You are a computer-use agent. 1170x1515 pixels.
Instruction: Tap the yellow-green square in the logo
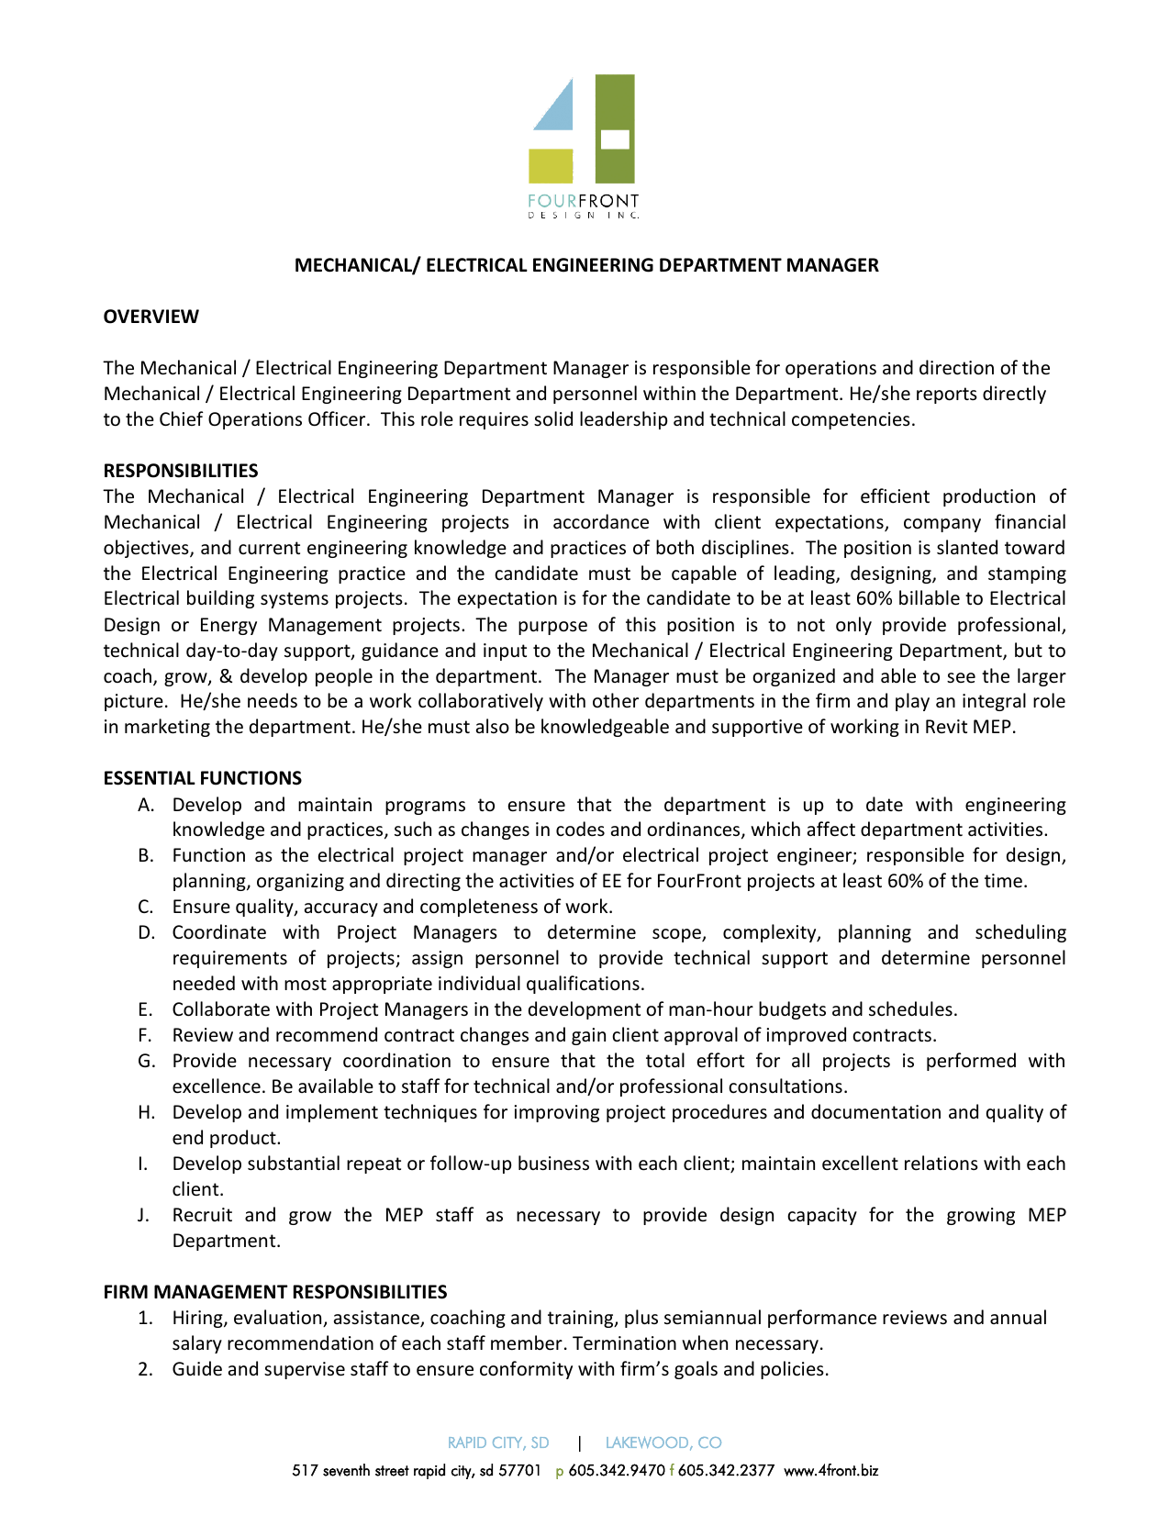[x=551, y=166]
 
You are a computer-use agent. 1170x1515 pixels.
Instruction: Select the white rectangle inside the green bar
[x=614, y=139]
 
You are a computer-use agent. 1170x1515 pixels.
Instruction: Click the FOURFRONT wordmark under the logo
[x=584, y=201]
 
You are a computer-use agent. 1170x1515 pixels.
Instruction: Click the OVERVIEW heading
[x=150, y=317]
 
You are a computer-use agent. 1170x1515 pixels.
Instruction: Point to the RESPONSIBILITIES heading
[x=180, y=471]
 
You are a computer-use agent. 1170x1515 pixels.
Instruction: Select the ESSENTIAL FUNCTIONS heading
[x=202, y=778]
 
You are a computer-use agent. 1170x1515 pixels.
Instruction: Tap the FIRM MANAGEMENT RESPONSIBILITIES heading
[x=274, y=1292]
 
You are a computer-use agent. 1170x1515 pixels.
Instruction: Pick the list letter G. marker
[x=146, y=1062]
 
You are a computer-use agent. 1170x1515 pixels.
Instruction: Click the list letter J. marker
[x=143, y=1216]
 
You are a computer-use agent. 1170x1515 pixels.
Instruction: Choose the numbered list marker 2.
[x=144, y=1370]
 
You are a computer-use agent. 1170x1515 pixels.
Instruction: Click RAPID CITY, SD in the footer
[x=498, y=1443]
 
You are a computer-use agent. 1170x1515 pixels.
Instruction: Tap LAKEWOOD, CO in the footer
[x=663, y=1443]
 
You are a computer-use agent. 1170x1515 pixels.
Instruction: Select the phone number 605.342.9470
[x=617, y=1471]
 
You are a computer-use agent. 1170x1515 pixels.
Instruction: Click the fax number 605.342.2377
[x=726, y=1471]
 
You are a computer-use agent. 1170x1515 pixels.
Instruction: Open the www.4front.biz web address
[x=830, y=1471]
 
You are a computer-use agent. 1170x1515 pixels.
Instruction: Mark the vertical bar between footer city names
[x=579, y=1443]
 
